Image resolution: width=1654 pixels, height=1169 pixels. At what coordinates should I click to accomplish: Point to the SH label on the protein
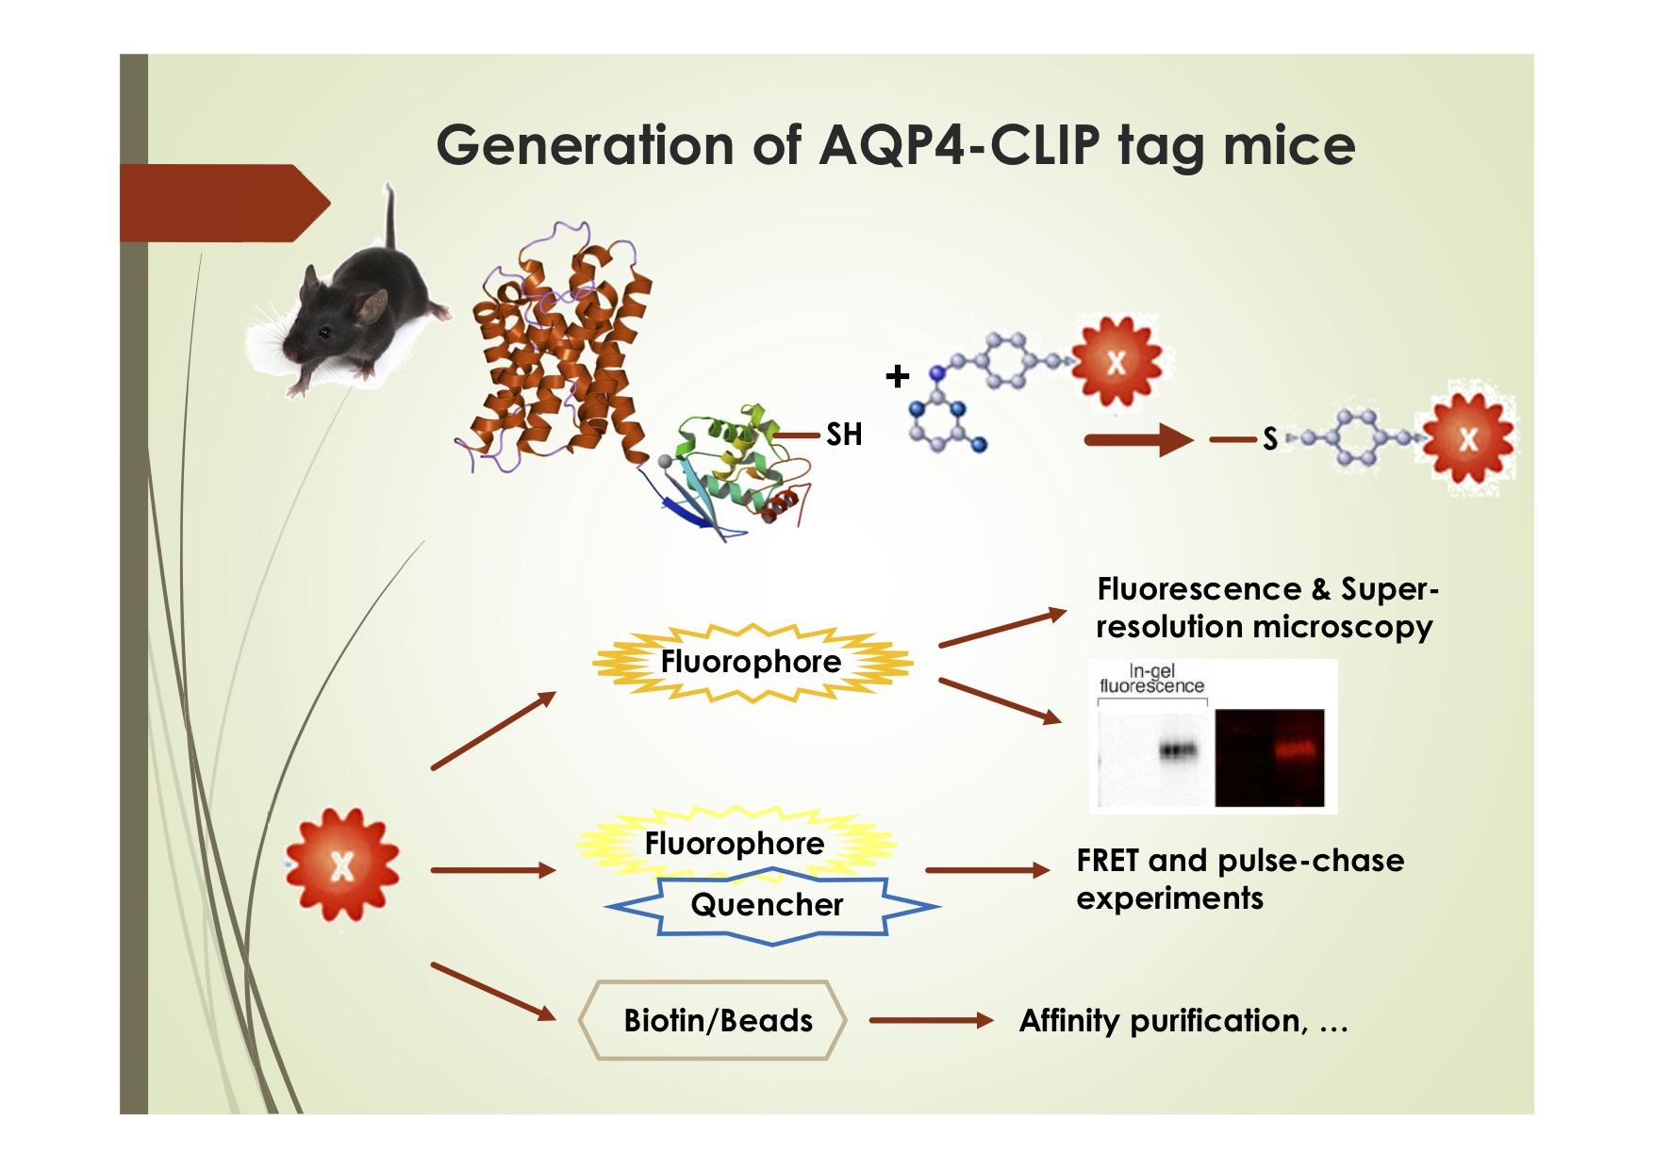click(844, 435)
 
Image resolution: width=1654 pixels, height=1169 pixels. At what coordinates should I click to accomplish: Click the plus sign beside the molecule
click(897, 377)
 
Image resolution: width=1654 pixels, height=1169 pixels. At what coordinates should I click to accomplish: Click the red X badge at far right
click(1467, 438)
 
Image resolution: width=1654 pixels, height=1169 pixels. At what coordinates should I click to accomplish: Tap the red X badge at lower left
click(342, 864)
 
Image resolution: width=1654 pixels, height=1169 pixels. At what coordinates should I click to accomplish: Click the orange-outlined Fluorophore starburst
click(751, 662)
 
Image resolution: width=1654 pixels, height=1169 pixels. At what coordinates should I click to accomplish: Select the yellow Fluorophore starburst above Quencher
click(735, 842)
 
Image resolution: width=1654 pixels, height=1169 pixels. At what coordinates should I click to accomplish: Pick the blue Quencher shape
click(768, 906)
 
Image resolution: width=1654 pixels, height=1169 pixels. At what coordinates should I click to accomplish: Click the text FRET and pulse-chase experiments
click(1238, 879)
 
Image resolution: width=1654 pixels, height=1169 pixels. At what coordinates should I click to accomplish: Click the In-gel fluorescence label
click(1151, 679)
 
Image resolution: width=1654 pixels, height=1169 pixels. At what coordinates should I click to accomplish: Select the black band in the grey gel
click(1178, 750)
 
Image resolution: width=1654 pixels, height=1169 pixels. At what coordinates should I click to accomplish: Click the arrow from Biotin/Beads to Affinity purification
click(931, 1020)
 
